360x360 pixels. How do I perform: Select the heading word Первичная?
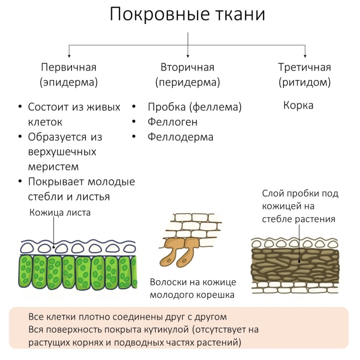coord(69,67)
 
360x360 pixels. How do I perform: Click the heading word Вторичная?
coord(187,67)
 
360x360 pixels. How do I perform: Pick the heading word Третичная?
coord(305,67)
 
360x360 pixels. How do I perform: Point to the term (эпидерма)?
coord(69,83)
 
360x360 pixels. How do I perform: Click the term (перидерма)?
coord(187,83)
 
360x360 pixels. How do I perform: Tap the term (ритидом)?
coord(305,83)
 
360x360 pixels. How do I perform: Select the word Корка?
coord(298,106)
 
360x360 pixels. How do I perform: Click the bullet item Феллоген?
coord(173,122)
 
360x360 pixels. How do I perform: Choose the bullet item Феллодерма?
coord(180,137)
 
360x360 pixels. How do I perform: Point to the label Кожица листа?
coord(60,213)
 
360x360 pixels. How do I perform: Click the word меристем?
coord(54,167)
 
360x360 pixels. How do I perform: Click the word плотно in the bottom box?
coord(104,317)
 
